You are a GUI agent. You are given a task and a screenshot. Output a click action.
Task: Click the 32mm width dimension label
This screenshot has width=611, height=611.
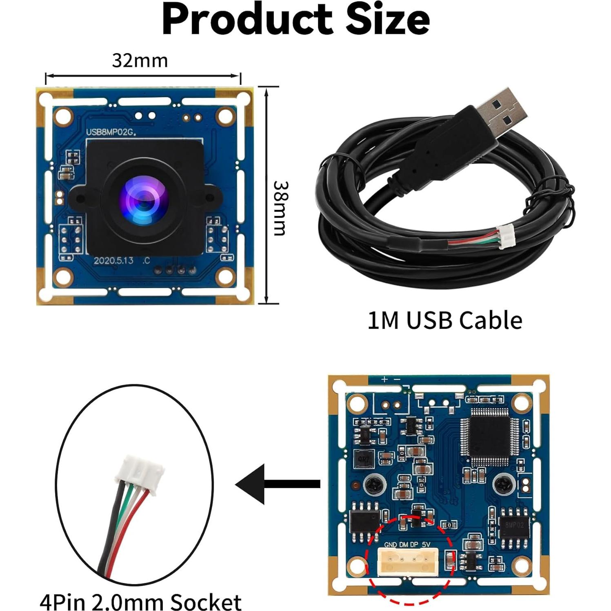tap(140, 61)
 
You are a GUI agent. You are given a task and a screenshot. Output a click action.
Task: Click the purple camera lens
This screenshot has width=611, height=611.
tap(143, 200)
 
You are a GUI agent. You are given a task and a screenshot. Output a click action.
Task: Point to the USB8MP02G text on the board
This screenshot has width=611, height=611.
tap(111, 132)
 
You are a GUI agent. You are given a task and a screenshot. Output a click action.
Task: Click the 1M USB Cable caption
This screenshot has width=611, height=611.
tap(444, 320)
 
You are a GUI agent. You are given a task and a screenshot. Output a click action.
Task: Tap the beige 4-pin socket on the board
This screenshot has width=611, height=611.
tap(407, 562)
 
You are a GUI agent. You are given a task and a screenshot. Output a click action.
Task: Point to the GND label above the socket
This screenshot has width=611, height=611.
tap(390, 545)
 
